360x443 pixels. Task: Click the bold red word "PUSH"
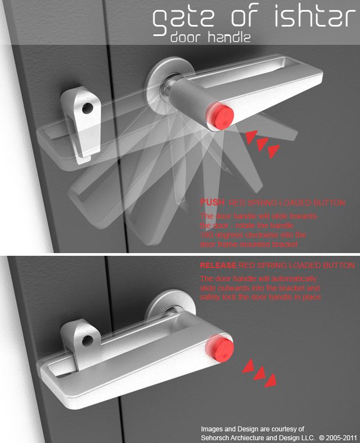210,203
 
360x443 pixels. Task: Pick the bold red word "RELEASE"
218,266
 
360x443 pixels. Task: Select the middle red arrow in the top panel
262,143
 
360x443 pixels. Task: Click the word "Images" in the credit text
212,429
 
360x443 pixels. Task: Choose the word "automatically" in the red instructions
296,279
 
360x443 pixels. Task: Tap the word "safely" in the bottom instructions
210,298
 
